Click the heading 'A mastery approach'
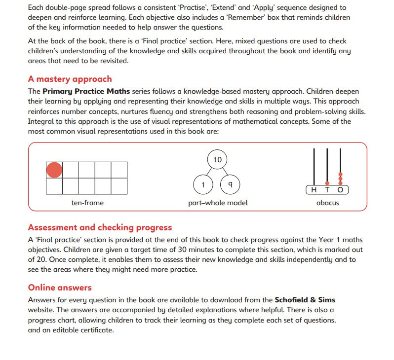(70, 79)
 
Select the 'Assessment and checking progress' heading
(100, 227)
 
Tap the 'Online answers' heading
(60, 288)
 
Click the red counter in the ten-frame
(54, 170)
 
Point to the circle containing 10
(218, 160)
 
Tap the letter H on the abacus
(315, 190)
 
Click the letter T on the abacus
(327, 190)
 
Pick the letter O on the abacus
(340, 190)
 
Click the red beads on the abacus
(340, 178)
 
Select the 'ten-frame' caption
(87, 203)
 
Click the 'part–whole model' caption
(218, 203)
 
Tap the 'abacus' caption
(327, 203)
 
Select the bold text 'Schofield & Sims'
(305, 299)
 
